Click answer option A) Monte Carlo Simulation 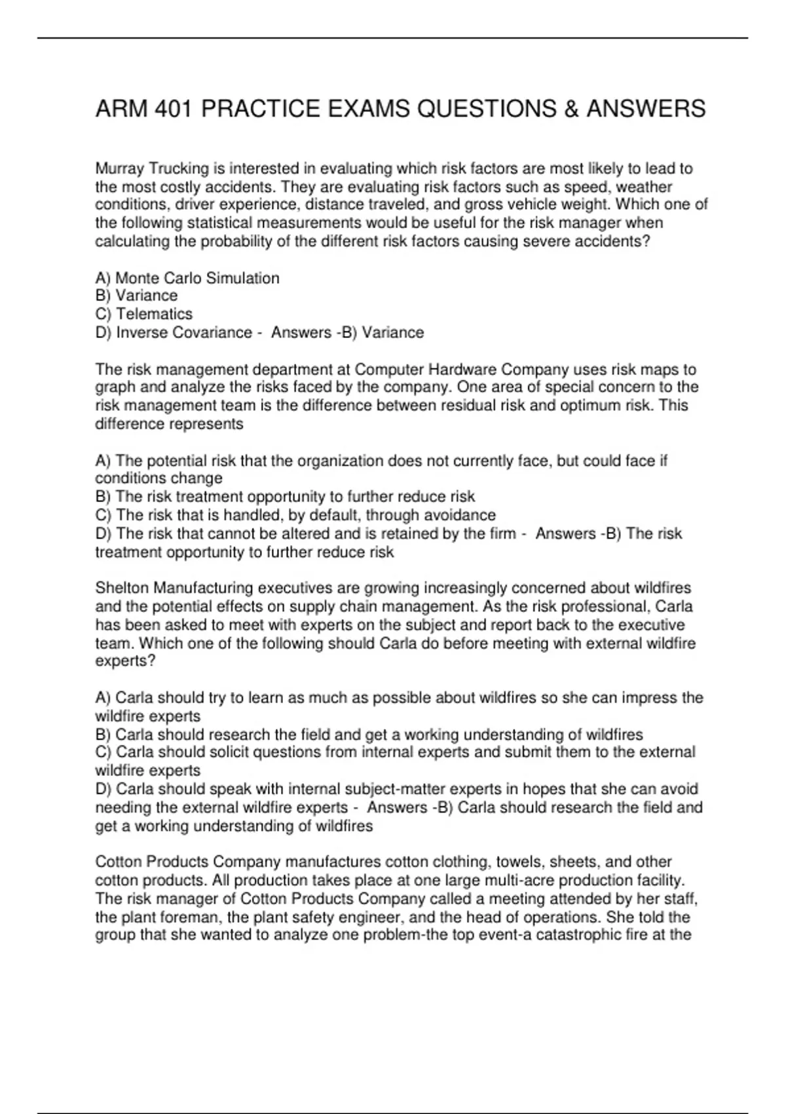click(187, 278)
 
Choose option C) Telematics click(144, 314)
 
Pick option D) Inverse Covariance click(174, 332)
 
